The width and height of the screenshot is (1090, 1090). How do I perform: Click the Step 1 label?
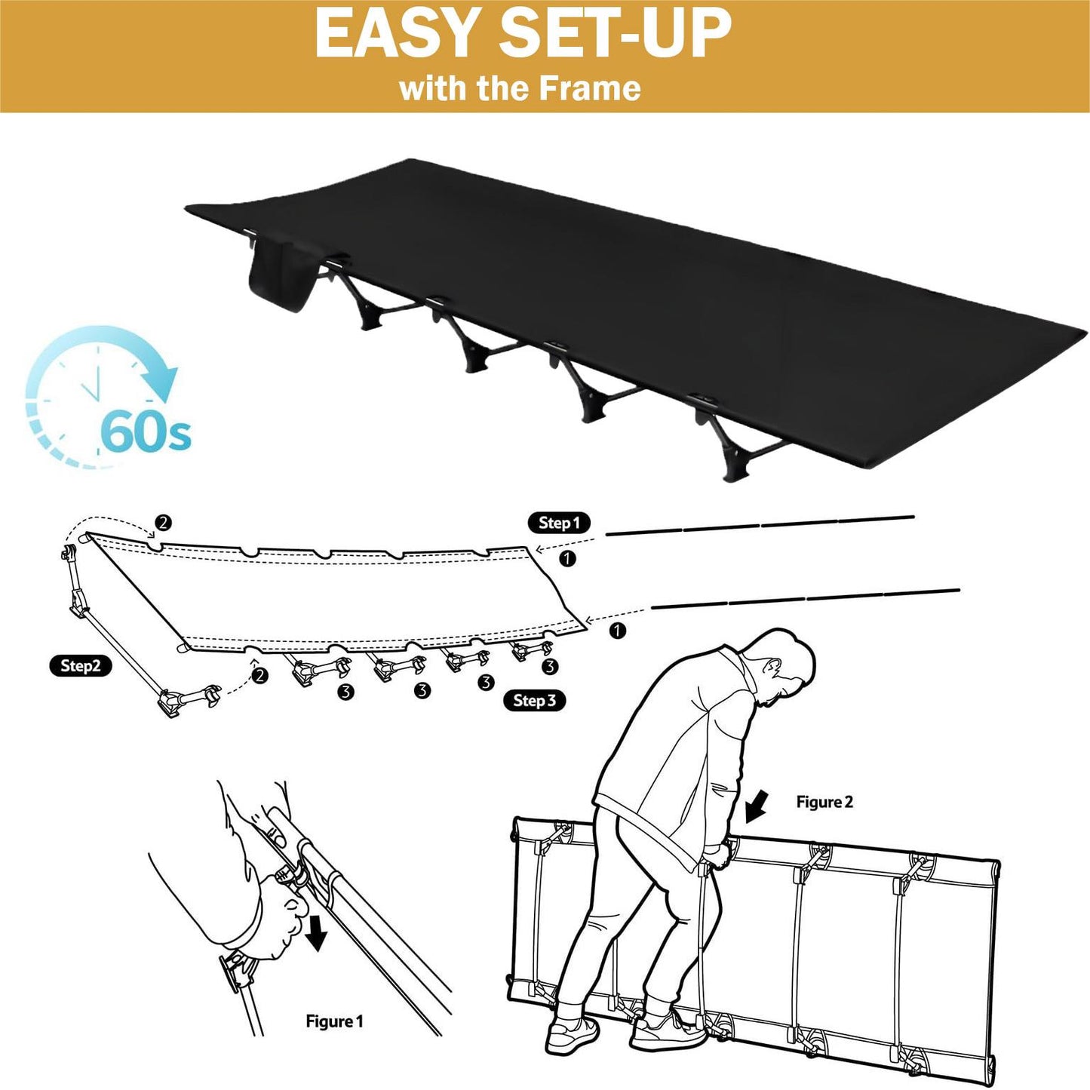pyautogui.click(x=559, y=523)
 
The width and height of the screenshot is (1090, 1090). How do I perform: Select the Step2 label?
pyautogui.click(x=80, y=666)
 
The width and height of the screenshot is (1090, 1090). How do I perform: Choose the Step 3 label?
pyautogui.click(x=535, y=701)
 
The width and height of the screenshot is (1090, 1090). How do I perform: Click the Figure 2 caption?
pyautogui.click(x=824, y=802)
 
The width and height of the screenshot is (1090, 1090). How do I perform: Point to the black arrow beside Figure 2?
pyautogui.click(x=757, y=808)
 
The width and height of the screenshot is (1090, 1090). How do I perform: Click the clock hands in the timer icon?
pyautogui.click(x=92, y=385)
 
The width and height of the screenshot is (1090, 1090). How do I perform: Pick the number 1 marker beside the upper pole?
pyautogui.click(x=566, y=559)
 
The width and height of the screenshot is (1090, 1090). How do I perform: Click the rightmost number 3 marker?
pyautogui.click(x=548, y=667)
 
